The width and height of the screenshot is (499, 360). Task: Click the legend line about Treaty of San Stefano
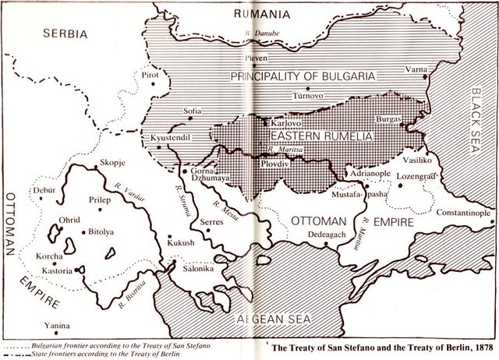(x=117, y=344)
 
